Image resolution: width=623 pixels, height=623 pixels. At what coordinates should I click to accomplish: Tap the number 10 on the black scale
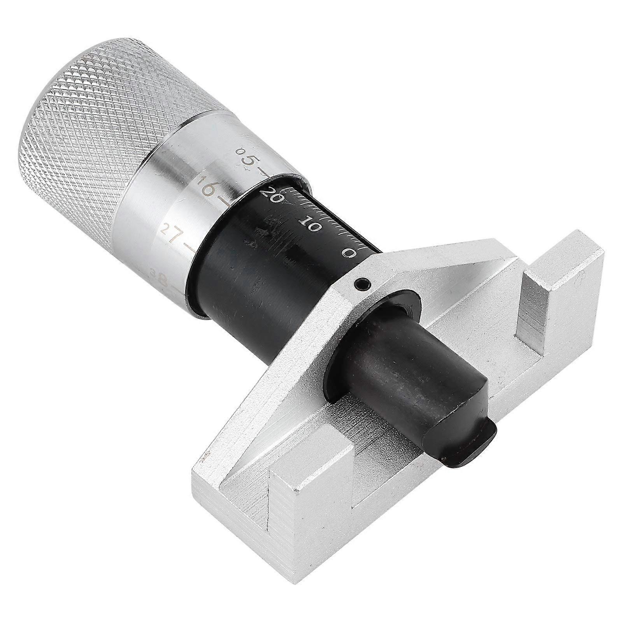(x=310, y=225)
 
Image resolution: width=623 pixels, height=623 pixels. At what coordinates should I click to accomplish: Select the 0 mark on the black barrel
(x=349, y=253)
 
